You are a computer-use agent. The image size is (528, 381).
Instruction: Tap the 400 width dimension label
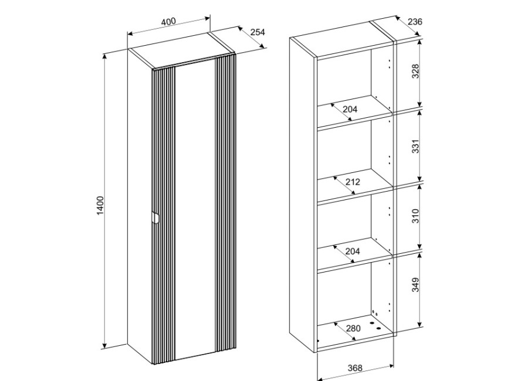[168, 22]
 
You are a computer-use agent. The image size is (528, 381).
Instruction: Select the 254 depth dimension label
[258, 32]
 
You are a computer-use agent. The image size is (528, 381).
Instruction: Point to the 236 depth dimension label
[415, 22]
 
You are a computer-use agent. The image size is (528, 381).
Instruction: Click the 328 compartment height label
[416, 71]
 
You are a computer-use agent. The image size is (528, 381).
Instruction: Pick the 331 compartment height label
[416, 146]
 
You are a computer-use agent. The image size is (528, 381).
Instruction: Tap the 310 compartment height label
[416, 216]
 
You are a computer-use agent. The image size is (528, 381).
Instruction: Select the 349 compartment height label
[416, 285]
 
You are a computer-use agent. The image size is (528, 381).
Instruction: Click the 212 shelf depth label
[353, 182]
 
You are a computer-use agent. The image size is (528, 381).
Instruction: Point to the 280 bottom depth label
[353, 328]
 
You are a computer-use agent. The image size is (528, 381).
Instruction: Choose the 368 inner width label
[355, 368]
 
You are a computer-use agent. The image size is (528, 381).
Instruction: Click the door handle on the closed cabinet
[155, 218]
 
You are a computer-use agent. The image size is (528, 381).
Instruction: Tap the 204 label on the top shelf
[350, 109]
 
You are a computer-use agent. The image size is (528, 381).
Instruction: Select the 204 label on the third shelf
[353, 251]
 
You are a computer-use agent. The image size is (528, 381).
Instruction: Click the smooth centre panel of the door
[195, 209]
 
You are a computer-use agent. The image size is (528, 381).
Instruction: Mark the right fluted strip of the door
[225, 202]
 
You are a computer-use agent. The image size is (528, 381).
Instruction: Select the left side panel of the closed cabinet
[140, 206]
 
